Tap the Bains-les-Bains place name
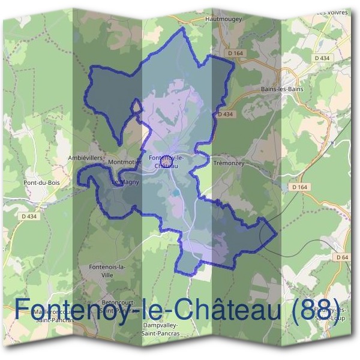(x=282, y=89)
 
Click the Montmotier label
(x=124, y=163)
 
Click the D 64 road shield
(x=343, y=257)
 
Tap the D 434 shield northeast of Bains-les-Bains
(x=322, y=58)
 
